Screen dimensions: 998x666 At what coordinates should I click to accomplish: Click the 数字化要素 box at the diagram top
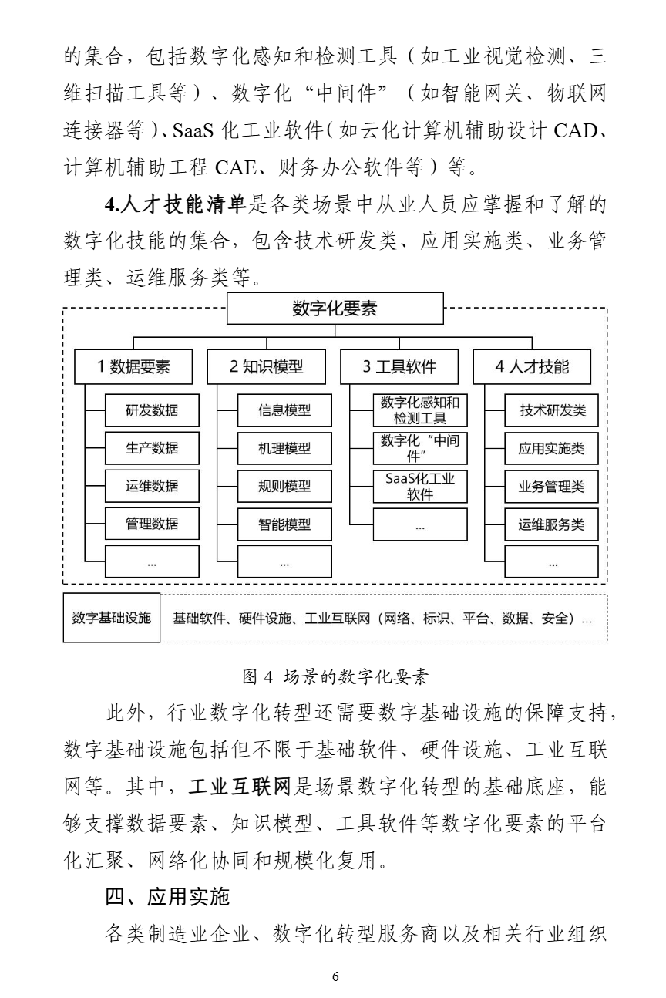pyautogui.click(x=335, y=309)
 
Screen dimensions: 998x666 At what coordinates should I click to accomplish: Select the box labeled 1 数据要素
pyautogui.click(x=133, y=367)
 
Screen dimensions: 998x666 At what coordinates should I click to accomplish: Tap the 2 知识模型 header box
pyautogui.click(x=267, y=367)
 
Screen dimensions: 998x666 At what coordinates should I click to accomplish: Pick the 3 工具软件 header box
pyautogui.click(x=399, y=367)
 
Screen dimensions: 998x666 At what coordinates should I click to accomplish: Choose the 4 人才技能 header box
pyautogui.click(x=532, y=367)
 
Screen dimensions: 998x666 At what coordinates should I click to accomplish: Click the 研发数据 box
pyautogui.click(x=152, y=410)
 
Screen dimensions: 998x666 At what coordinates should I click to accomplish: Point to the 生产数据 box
pyautogui.click(x=152, y=448)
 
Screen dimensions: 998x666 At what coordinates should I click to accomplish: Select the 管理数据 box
pyautogui.click(x=152, y=524)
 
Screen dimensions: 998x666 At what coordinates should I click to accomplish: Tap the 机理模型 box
pyautogui.click(x=284, y=449)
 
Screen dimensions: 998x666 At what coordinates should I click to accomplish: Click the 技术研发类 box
pyautogui.click(x=551, y=410)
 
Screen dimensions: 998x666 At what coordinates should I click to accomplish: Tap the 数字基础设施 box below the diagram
pyautogui.click(x=112, y=618)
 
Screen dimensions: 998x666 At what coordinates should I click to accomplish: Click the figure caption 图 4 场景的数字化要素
pyautogui.click(x=335, y=677)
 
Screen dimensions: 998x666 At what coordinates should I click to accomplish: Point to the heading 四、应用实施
pyautogui.click(x=167, y=897)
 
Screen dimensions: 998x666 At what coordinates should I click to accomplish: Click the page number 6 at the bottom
pyautogui.click(x=335, y=977)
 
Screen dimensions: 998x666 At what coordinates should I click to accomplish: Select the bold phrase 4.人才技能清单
pyautogui.click(x=175, y=205)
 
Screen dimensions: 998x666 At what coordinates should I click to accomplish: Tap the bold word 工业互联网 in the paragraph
pyautogui.click(x=241, y=787)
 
